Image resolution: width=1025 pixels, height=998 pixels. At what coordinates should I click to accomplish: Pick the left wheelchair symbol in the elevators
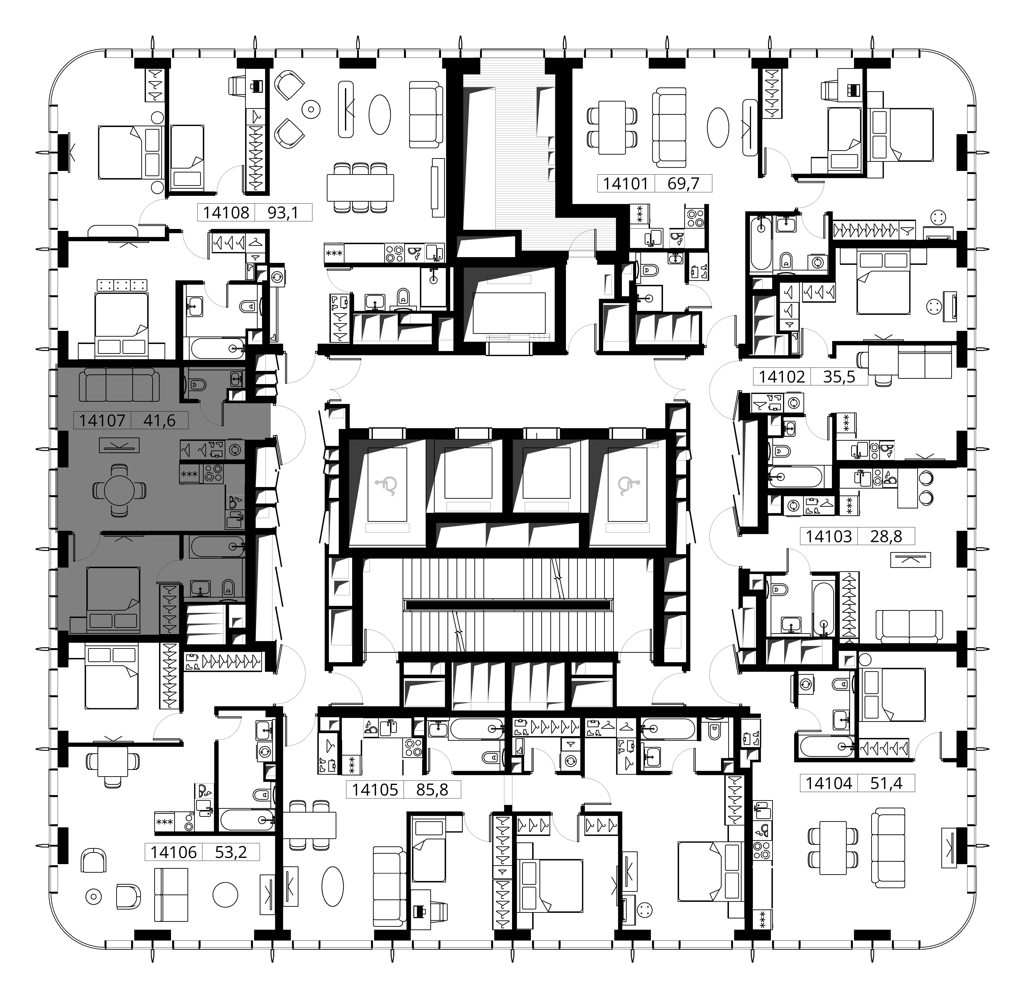(x=387, y=486)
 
